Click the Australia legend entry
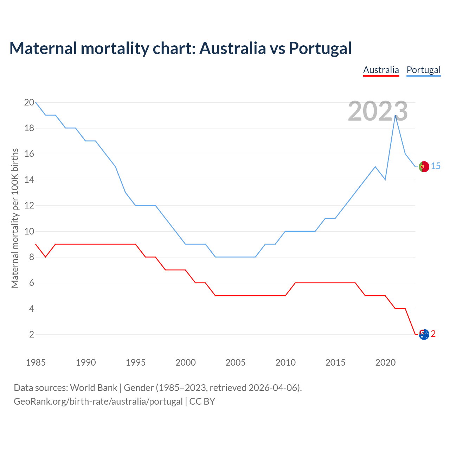tap(381, 70)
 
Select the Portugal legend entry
tap(423, 70)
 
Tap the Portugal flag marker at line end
tap(424, 167)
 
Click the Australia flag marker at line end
tap(424, 334)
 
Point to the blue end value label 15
tap(436, 166)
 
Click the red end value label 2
tap(433, 334)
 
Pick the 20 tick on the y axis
tap(29, 103)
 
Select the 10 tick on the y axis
tap(29, 231)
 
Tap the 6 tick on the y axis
tap(31, 283)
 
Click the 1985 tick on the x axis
tap(36, 362)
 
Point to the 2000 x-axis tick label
tap(186, 362)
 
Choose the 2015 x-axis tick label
tap(335, 362)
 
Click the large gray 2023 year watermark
tap(378, 111)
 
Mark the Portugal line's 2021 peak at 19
tap(396, 115)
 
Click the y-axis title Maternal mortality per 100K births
tap(15, 218)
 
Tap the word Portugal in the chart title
tap(320, 48)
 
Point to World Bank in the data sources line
tap(94, 388)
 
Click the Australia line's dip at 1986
tap(46, 257)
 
